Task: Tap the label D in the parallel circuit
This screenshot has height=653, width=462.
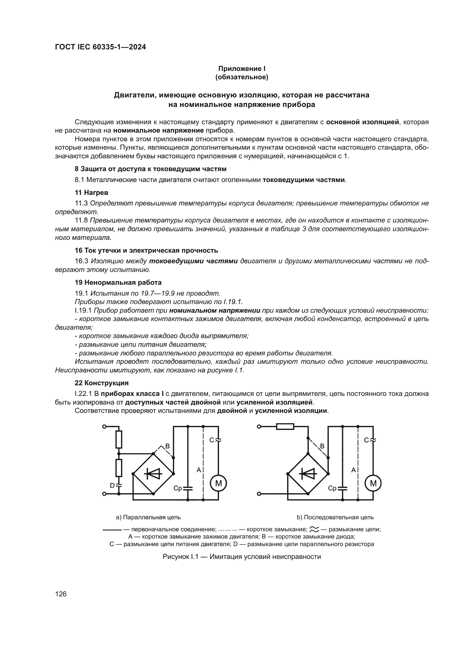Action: point(112,485)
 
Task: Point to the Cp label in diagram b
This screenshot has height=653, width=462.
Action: point(332,488)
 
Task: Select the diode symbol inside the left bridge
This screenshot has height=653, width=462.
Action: point(153,473)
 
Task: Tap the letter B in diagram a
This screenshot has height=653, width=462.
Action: point(168,446)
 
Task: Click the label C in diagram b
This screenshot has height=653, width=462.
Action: point(366,440)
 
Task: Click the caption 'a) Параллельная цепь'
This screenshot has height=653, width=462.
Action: point(148,517)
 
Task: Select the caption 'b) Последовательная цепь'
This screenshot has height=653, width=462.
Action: point(335,517)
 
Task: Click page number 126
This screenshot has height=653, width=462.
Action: point(61,594)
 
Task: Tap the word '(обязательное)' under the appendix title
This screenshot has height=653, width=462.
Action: point(242,77)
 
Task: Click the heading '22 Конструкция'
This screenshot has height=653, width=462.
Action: point(102,383)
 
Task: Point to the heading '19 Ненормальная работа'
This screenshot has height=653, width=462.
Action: point(118,283)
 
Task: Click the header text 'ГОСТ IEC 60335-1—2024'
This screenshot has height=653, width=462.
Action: point(101,47)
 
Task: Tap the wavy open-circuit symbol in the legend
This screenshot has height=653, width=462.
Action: point(314,529)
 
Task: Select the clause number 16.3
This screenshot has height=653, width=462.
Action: point(82,261)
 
